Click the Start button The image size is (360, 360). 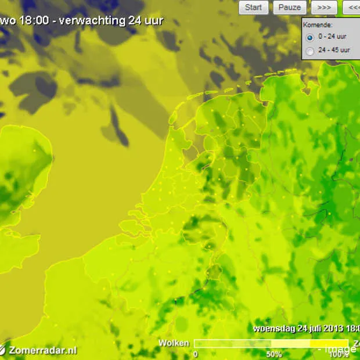pyautogui.click(x=253, y=8)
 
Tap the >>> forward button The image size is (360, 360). pyautogui.click(x=324, y=8)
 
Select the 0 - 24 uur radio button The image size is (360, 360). pyautogui.click(x=310, y=37)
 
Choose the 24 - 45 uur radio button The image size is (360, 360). pyautogui.click(x=310, y=51)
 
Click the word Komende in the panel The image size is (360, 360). pyautogui.click(x=318, y=26)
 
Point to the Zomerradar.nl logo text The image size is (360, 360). pyautogui.click(x=42, y=350)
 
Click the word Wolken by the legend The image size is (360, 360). pyautogui.click(x=174, y=343)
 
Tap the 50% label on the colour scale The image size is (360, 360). pyautogui.click(x=274, y=354)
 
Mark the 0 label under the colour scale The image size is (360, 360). pyautogui.click(x=195, y=354)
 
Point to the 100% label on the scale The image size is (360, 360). pyautogui.click(x=339, y=354)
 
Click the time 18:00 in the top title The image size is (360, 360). pyautogui.click(x=30, y=21)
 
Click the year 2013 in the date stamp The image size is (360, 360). pyautogui.click(x=332, y=328)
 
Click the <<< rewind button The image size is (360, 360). pyautogui.click(x=352, y=8)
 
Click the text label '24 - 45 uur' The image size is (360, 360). pyautogui.click(x=334, y=51)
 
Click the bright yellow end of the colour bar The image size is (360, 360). pyautogui.click(x=325, y=344)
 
